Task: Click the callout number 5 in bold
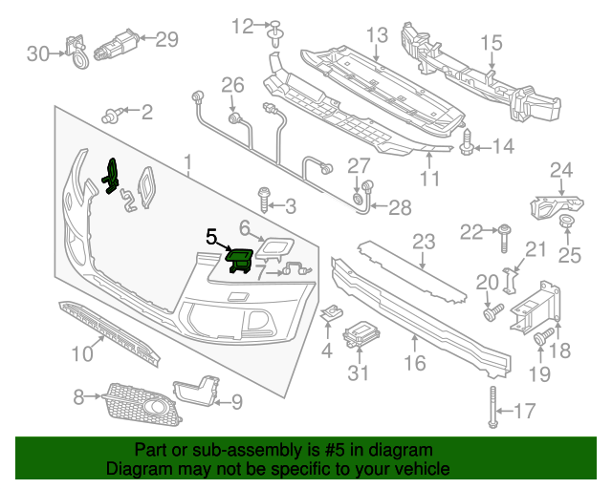coord(211,234)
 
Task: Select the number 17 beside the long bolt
coord(525,413)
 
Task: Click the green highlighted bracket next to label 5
coord(238,258)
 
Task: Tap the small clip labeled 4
coord(332,313)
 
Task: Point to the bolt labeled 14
coord(468,145)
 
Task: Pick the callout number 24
coord(561,171)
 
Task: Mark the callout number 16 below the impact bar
coord(414,364)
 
